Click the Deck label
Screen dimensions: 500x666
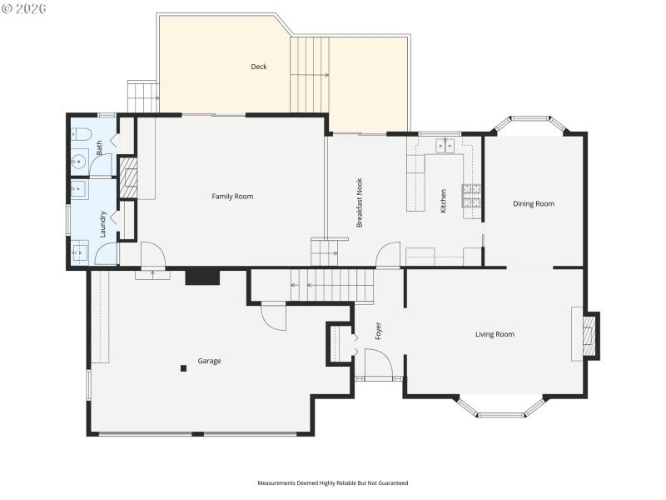pos(259,67)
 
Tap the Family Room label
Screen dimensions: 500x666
pos(232,197)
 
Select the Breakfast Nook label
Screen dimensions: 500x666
pos(360,202)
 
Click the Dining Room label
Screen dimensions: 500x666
pos(534,203)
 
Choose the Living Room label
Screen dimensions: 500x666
pos(495,334)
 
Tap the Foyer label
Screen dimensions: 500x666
pos(378,331)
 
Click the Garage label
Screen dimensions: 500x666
pos(209,361)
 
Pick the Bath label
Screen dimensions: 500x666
pos(100,148)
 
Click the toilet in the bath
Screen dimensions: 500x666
pos(79,133)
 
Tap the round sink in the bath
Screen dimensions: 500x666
pos(78,162)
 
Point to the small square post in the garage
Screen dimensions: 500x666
pos(182,367)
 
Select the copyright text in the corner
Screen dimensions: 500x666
pos(24,7)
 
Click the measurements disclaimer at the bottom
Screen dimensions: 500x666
pos(333,482)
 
